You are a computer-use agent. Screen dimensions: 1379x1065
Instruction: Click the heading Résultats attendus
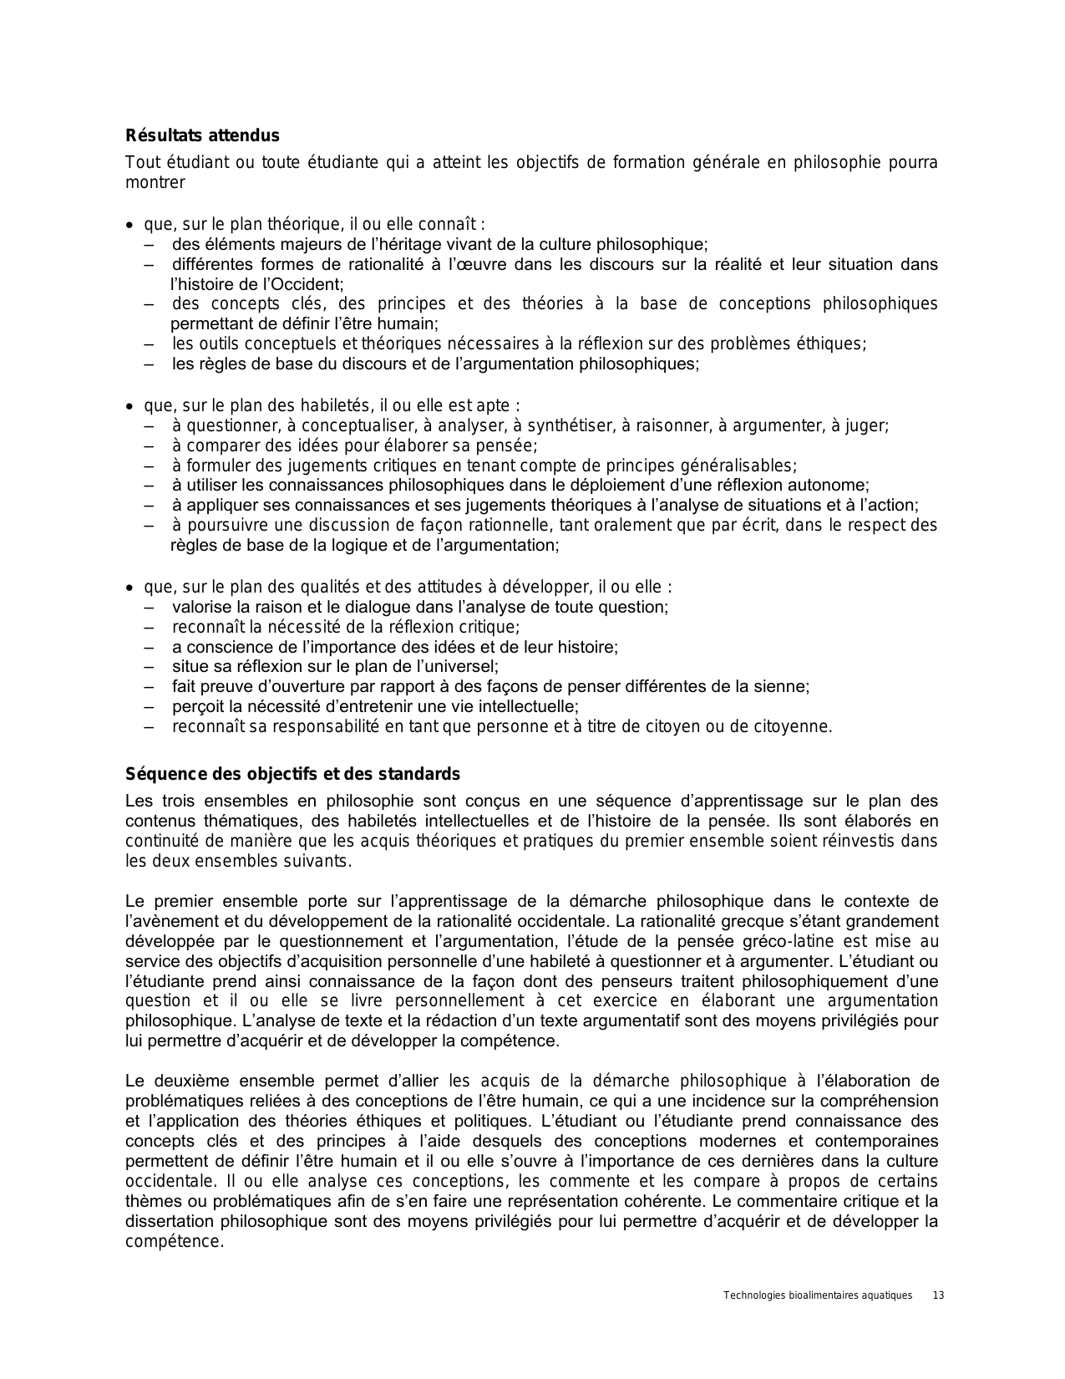tap(202, 135)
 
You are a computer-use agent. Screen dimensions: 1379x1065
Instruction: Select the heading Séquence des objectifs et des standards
tap(292, 773)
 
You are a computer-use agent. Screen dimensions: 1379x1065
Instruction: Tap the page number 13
tap(938, 1295)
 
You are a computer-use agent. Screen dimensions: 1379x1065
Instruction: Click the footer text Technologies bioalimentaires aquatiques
tap(818, 1295)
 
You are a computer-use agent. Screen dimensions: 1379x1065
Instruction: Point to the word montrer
tap(155, 182)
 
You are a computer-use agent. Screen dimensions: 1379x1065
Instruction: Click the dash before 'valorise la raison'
tap(150, 607)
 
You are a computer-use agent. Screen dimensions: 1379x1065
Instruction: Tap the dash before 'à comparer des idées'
tap(150, 445)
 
